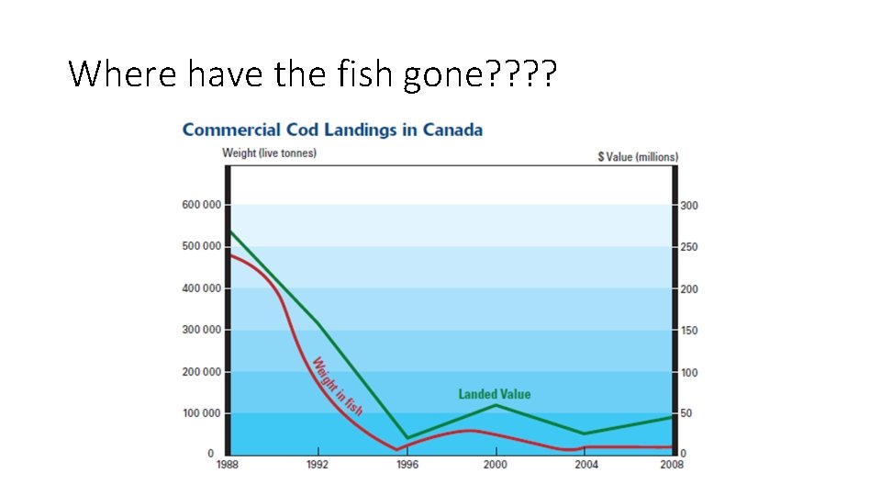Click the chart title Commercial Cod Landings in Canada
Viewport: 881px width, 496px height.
click(332, 130)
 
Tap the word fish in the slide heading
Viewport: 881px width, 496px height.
click(365, 73)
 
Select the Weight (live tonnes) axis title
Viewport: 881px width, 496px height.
click(269, 152)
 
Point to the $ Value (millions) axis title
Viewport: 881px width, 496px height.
click(638, 157)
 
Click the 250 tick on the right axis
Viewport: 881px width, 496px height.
click(688, 247)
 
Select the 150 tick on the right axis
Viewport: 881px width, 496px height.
click(688, 331)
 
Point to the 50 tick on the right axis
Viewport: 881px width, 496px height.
click(686, 414)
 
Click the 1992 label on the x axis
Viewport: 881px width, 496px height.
click(318, 465)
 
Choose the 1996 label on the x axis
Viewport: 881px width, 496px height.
click(407, 465)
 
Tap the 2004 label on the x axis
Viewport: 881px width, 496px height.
click(585, 465)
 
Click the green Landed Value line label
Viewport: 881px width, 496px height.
click(495, 394)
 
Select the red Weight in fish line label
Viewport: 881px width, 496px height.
click(337, 386)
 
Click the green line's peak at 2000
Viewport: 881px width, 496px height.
click(496, 404)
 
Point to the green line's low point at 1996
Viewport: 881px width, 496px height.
click(407, 438)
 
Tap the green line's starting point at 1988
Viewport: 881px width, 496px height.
click(229, 231)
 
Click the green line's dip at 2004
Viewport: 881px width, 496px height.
click(585, 434)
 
